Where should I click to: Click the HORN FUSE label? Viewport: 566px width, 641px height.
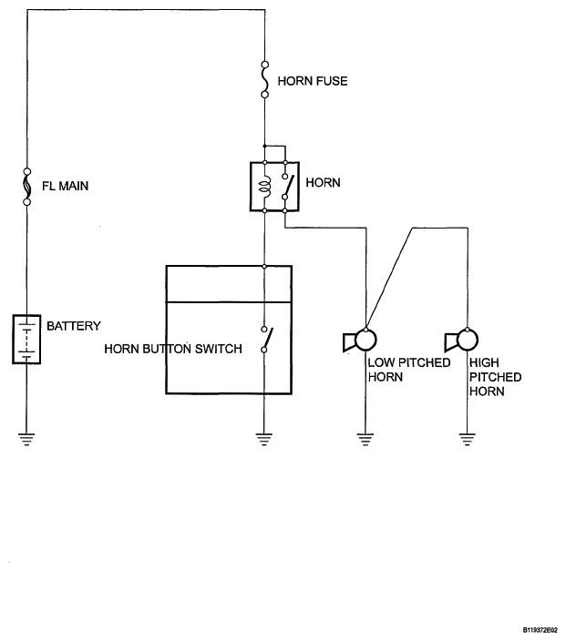tap(313, 81)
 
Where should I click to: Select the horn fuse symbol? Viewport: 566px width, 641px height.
tap(265, 79)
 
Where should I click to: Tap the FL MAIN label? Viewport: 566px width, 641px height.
tap(65, 186)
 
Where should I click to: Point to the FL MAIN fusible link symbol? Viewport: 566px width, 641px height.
tap(27, 187)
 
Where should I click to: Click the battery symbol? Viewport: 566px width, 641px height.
tap(26, 339)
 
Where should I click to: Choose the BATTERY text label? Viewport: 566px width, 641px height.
tap(74, 326)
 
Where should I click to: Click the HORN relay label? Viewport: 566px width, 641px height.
tap(323, 182)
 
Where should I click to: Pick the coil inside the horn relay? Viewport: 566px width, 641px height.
tap(265, 187)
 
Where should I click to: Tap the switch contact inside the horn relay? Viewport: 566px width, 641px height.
tap(288, 187)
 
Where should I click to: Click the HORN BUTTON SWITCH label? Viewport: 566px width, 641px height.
tap(173, 349)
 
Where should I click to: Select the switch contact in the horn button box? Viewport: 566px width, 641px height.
tap(267, 340)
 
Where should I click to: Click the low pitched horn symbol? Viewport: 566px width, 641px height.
tap(359, 341)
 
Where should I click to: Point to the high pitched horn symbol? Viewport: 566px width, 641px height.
tap(461, 341)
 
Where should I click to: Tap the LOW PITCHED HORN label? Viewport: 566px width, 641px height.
tap(409, 370)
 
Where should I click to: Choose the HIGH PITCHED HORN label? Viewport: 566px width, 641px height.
tap(495, 377)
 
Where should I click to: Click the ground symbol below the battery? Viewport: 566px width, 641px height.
tap(26, 439)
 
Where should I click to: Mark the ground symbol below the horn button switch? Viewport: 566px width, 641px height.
tap(264, 439)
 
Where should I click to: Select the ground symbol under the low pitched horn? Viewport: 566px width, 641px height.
tap(365, 439)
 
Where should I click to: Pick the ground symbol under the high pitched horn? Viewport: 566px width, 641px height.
tap(468, 439)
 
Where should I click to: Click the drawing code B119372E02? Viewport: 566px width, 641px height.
tap(540, 630)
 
